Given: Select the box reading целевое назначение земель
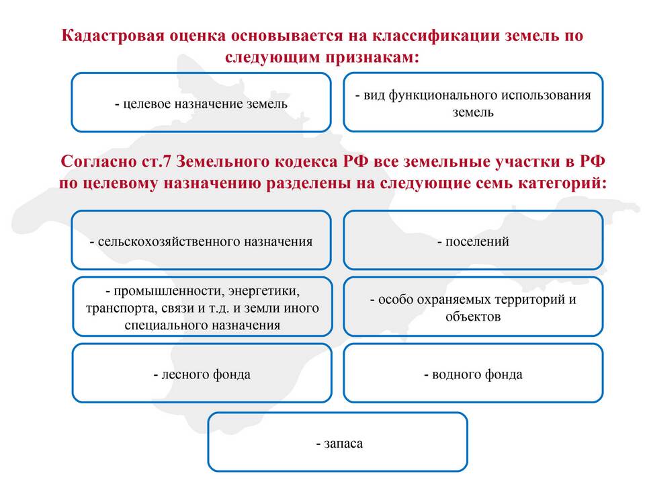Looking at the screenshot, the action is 201,102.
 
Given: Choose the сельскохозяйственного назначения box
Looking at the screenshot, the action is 201,241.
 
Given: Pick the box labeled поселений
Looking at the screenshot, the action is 473,241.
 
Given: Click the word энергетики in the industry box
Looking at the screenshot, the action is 263,291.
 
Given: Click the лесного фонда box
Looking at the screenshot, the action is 202,373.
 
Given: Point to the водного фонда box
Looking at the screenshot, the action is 473,373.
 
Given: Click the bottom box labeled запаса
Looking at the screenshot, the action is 338,442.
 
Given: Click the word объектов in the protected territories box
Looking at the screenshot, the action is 473,317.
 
